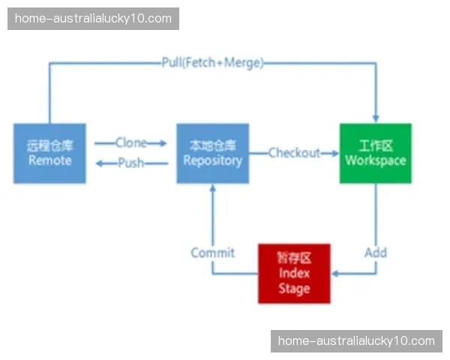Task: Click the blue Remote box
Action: (x=49, y=153)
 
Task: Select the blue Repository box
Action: (x=213, y=153)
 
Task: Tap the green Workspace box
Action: (x=375, y=153)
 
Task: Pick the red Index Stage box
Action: (x=294, y=274)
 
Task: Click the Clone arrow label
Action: (x=130, y=142)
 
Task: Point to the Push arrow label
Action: (x=130, y=163)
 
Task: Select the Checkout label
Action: (x=294, y=153)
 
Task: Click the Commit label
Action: (x=212, y=253)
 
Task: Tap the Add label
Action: (x=376, y=252)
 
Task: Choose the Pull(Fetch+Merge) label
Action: (x=213, y=63)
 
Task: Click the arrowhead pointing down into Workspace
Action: (x=376, y=118)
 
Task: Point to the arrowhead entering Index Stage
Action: (x=335, y=273)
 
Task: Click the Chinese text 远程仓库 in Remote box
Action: (x=49, y=145)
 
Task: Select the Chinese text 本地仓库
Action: (x=213, y=145)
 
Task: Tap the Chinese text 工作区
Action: (x=375, y=145)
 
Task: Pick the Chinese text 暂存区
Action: (x=294, y=258)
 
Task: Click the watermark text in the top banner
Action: (x=93, y=18)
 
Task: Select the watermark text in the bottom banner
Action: (x=356, y=340)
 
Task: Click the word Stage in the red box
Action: (x=294, y=289)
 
